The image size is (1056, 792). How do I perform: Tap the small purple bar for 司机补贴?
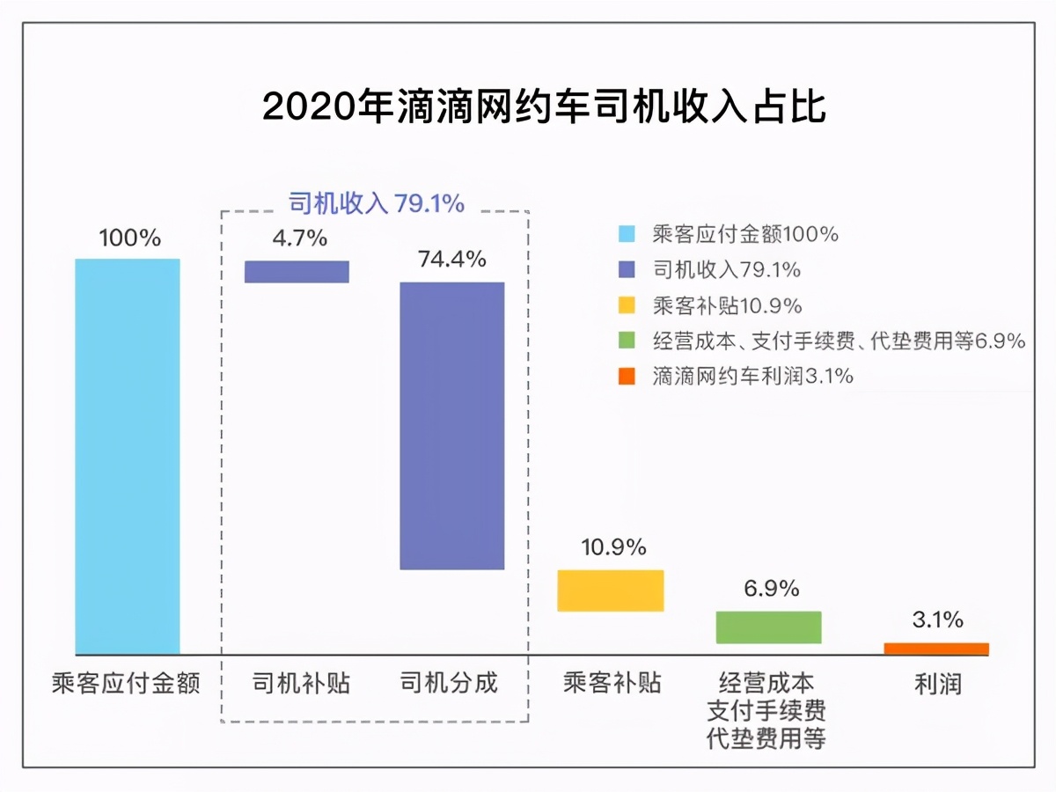(297, 271)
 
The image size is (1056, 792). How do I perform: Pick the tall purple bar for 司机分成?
(452, 425)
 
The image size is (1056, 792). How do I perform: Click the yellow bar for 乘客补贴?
(611, 590)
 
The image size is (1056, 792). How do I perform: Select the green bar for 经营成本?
(768, 627)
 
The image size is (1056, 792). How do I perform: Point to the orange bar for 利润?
(936, 649)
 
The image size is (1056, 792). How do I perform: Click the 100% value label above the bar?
(129, 238)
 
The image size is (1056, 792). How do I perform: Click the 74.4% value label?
(452, 260)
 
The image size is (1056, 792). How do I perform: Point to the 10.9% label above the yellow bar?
(613, 547)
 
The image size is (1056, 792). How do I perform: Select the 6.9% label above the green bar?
(771, 589)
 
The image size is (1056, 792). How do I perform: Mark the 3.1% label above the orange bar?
(937, 620)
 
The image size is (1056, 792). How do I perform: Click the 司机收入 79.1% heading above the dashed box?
(377, 204)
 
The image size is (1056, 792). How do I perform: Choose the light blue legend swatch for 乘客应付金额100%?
(627, 234)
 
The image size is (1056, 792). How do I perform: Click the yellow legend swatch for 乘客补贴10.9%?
(627, 306)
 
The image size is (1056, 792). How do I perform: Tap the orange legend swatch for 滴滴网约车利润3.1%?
(627, 377)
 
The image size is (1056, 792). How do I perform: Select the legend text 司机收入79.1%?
(727, 270)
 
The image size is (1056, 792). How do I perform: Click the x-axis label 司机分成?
(449, 683)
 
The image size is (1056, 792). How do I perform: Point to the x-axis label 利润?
(937, 683)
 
